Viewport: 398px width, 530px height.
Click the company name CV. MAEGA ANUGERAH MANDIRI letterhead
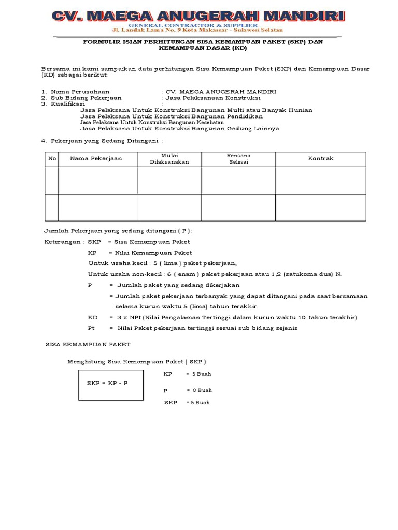[x=198, y=17]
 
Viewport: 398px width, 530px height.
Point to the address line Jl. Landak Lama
[x=198, y=30]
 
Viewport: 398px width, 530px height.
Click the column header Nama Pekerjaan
[x=96, y=159]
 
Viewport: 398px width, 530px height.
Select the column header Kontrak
[x=321, y=159]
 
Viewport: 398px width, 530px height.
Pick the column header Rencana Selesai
[x=239, y=159]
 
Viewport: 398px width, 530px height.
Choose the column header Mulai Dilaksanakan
[x=169, y=159]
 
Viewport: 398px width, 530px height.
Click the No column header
[x=52, y=159]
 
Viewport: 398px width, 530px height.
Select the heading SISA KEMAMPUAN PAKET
[x=88, y=344]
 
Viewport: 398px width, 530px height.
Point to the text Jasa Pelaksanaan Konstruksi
[x=212, y=98]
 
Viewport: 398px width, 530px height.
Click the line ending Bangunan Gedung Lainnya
[x=180, y=128]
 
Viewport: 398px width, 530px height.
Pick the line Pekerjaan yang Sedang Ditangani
[x=107, y=141]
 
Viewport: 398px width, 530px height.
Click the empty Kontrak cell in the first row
[x=321, y=181]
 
